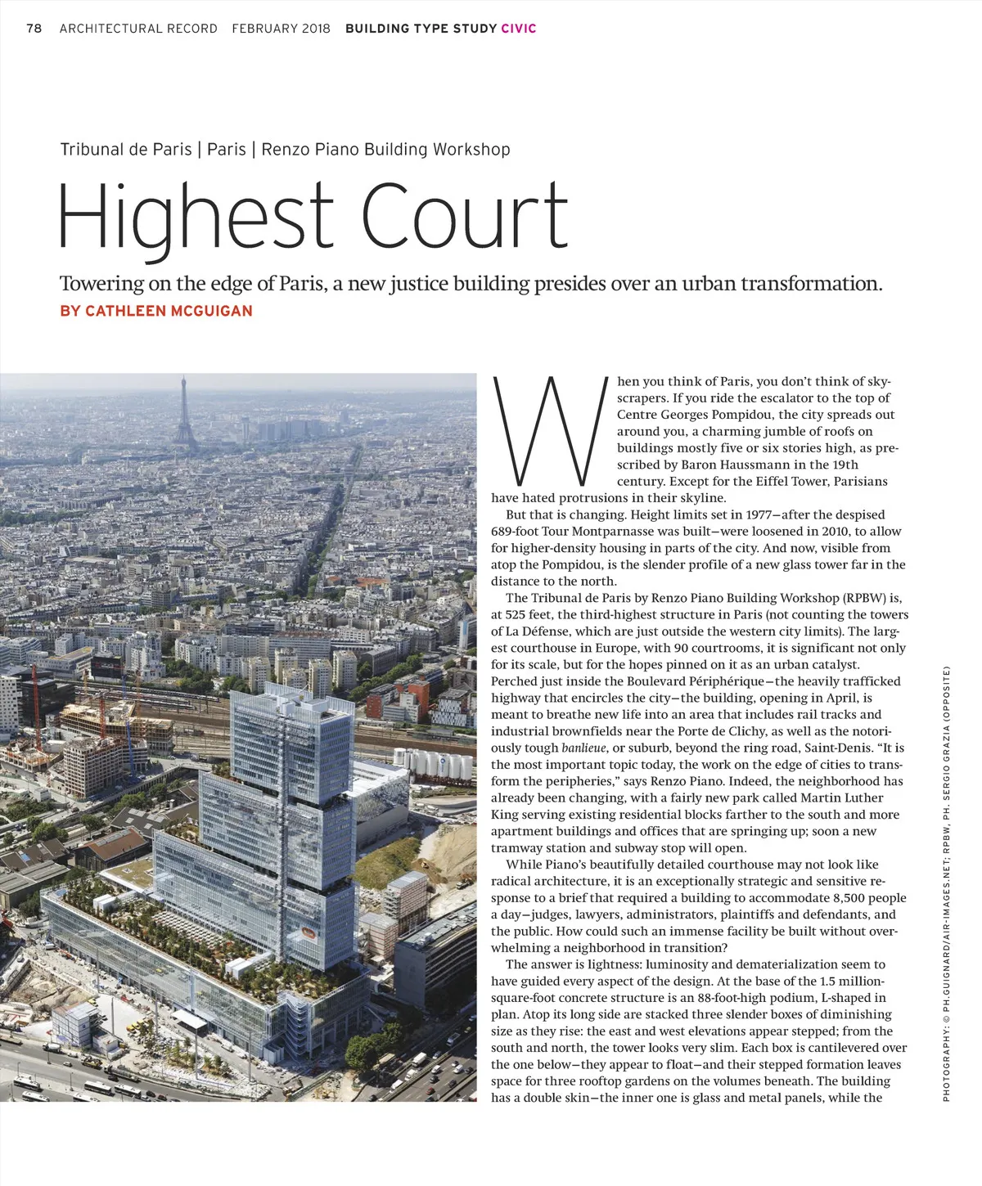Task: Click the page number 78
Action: pos(34,29)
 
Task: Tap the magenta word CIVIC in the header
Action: pos(519,29)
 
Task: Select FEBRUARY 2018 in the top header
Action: pos(281,29)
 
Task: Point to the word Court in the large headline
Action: pos(464,217)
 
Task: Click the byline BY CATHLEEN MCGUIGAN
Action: pos(156,311)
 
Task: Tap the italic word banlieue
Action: pos(583,748)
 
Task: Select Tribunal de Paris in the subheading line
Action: pos(126,150)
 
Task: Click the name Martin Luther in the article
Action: pos(842,797)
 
